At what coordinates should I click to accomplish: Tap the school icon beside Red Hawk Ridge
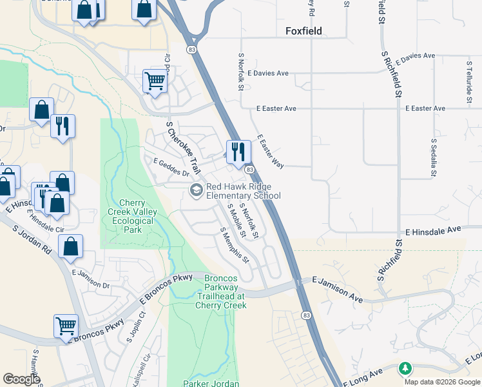[195, 190]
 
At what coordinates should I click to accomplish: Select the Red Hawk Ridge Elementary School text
[243, 191]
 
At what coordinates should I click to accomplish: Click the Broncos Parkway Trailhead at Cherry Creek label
[221, 291]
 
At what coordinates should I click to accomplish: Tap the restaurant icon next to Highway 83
[238, 152]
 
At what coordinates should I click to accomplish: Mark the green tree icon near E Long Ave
[405, 369]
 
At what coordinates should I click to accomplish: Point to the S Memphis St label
[235, 246]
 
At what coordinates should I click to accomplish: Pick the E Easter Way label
[271, 152]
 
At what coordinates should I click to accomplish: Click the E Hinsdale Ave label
[434, 230]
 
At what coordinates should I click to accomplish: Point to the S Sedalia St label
[434, 157]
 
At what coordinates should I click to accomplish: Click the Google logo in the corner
[22, 379]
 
